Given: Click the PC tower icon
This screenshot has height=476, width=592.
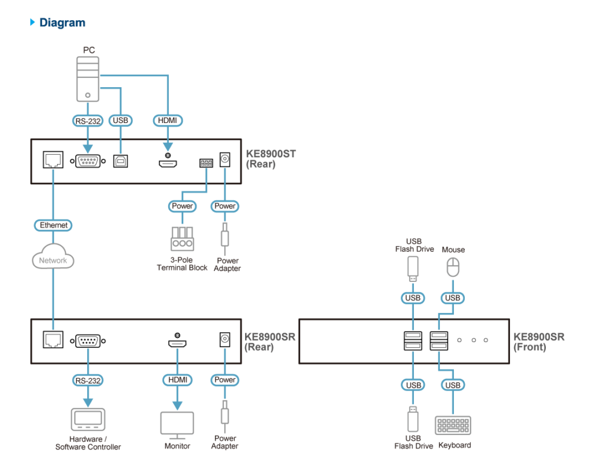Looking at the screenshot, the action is [88, 79].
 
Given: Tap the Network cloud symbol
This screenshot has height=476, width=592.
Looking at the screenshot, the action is [53, 256].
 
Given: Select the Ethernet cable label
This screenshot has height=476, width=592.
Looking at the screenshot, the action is [53, 225].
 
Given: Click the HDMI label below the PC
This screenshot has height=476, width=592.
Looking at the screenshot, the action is [168, 120].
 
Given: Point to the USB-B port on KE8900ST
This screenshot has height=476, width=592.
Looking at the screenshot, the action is [120, 161].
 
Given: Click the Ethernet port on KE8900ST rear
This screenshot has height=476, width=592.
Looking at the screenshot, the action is [53, 160].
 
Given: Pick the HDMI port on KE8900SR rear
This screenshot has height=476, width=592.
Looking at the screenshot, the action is [177, 343].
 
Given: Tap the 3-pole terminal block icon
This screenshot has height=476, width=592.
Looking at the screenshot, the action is [182, 239].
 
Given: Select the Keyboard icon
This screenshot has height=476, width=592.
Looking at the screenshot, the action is [453, 426].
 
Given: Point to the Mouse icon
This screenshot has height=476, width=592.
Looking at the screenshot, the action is [453, 267].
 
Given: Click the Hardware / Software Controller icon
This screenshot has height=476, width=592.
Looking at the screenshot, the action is [88, 419].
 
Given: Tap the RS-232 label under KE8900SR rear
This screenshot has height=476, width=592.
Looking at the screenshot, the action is [88, 380].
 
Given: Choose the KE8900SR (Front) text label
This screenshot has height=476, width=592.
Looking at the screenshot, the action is [539, 342].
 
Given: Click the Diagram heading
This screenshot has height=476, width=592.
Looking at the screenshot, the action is [62, 23].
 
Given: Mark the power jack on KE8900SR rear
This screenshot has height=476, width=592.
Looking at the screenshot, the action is [225, 339].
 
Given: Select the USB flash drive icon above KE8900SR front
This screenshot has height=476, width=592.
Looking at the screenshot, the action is [413, 269].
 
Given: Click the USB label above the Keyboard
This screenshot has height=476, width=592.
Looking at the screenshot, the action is [453, 385].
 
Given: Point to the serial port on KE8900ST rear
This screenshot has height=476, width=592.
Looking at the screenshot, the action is [88, 161].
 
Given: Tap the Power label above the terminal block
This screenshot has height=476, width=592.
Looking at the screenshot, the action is [182, 206].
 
